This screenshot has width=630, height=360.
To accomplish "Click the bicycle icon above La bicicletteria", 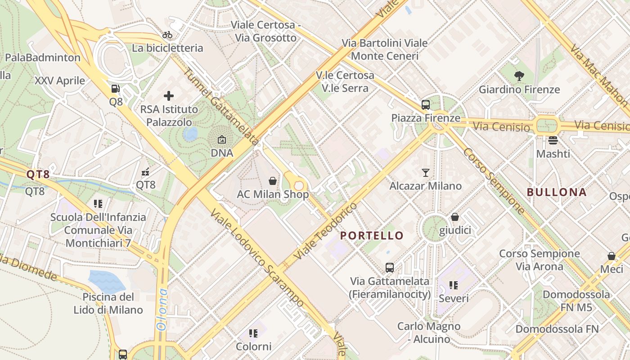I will [x=167, y=35].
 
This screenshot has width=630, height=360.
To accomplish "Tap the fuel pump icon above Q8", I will [x=116, y=89].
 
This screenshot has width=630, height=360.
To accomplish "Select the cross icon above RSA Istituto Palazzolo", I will [x=169, y=95].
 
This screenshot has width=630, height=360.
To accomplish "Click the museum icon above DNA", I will [x=222, y=140].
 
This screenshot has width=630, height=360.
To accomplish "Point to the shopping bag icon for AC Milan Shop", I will [x=273, y=181].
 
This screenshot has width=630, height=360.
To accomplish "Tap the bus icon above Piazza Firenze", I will [x=426, y=105].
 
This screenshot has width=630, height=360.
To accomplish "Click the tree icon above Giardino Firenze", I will [x=519, y=76].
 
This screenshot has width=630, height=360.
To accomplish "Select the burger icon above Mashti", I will [x=553, y=140].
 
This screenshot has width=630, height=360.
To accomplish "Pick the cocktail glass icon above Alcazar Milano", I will [x=426, y=172].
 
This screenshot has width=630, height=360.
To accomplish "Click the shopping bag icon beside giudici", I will [x=455, y=217].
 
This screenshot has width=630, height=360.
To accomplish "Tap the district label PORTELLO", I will [x=372, y=235].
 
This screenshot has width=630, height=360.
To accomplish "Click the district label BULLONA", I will [x=557, y=192].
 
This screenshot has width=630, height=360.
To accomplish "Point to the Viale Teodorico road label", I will [x=325, y=231].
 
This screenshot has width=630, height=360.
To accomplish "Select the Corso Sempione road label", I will [x=494, y=181].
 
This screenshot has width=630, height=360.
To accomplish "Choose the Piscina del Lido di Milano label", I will [x=108, y=303].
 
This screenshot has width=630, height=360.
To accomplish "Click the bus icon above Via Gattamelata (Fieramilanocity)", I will [x=390, y=268].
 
